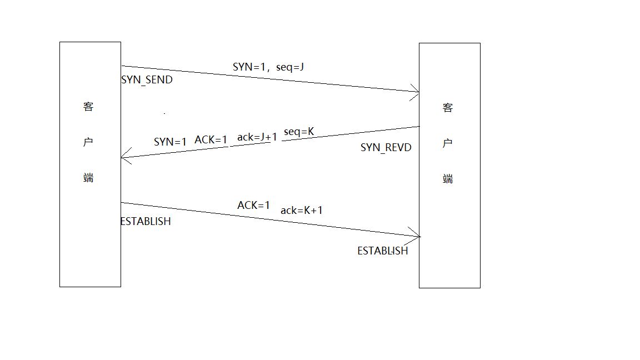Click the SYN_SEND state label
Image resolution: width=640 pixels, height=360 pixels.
[147, 80]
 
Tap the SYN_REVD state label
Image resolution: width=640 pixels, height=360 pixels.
[386, 148]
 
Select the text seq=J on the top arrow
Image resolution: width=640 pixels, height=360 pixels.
[290, 67]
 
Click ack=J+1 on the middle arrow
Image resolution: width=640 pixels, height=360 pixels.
[257, 137]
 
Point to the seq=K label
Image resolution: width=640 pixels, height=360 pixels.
[299, 132]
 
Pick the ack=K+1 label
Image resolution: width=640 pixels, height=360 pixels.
[302, 211]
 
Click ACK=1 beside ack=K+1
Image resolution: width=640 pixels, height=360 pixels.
[253, 206]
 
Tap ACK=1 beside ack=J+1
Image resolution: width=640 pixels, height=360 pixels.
[211, 140]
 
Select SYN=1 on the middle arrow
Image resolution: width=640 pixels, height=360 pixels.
[170, 142]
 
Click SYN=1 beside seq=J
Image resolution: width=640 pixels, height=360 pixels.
[249, 67]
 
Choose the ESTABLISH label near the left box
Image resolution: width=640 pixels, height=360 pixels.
[146, 222]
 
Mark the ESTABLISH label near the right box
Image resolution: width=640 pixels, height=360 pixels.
[382, 251]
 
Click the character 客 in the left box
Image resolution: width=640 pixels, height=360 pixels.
[88, 107]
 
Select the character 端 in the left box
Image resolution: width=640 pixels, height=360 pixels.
[88, 178]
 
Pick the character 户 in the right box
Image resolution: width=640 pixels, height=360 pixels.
[448, 144]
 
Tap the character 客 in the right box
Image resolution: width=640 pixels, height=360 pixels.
[448, 108]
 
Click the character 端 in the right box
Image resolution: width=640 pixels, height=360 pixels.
[448, 179]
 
